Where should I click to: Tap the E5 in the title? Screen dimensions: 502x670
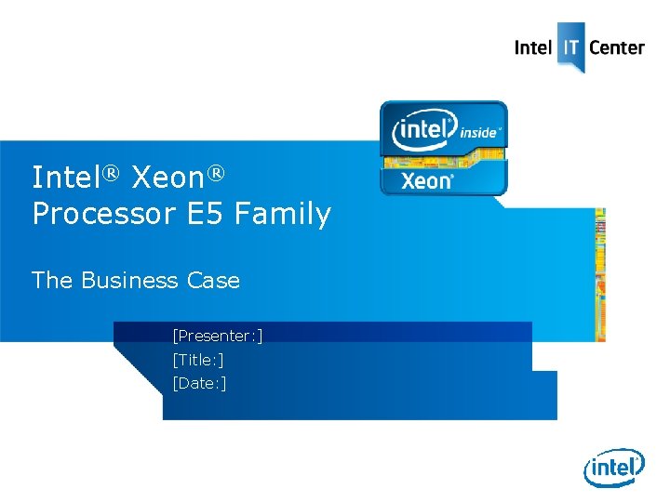point(206,215)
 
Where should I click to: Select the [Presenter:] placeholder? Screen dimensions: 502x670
point(217,336)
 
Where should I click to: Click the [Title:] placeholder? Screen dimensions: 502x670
point(197,359)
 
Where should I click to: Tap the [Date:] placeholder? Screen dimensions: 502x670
point(199,383)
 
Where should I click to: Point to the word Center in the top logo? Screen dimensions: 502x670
point(617,47)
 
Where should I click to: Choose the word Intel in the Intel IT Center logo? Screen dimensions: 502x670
point(533,47)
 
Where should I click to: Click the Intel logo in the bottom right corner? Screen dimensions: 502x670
point(614,469)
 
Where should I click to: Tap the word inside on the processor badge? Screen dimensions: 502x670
point(480,133)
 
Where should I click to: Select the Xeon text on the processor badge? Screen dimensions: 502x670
point(426,180)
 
